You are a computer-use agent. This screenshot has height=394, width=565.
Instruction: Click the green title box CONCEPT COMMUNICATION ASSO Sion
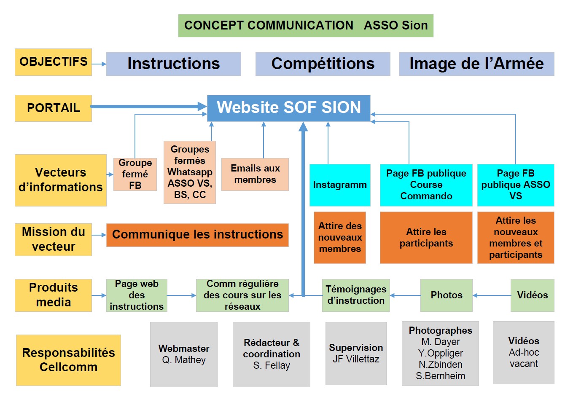(x=306, y=26)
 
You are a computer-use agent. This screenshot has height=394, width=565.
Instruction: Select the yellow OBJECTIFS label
(x=53, y=62)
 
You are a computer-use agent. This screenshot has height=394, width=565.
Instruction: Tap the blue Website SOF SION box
(x=288, y=108)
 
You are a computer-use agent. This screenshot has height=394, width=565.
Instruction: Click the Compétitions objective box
(x=323, y=64)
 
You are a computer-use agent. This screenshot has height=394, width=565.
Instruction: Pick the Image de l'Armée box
(x=476, y=64)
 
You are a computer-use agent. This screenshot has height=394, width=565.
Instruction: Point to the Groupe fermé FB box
(x=135, y=174)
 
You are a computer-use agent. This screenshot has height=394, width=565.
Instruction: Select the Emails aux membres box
(x=255, y=174)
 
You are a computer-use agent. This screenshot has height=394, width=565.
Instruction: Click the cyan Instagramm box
(x=340, y=185)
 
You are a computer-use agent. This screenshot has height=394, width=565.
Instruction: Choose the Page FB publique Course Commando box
(x=426, y=185)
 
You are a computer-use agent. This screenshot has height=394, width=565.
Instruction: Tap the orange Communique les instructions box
(x=197, y=235)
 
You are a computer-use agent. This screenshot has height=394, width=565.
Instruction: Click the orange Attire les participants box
(x=426, y=238)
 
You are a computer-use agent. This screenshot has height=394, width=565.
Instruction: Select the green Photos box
(x=446, y=295)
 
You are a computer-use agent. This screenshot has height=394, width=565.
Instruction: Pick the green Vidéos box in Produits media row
(x=532, y=295)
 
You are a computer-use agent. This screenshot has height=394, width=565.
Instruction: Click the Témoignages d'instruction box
(x=356, y=295)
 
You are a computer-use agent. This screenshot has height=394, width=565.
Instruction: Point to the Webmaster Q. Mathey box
(x=184, y=354)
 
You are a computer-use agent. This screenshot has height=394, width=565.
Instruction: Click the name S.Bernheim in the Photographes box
(x=440, y=376)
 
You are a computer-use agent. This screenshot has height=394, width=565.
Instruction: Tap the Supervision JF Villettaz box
(x=356, y=354)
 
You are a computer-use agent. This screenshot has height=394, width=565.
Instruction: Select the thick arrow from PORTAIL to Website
(x=148, y=107)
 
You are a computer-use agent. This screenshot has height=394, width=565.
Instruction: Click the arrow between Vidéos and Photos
(x=492, y=295)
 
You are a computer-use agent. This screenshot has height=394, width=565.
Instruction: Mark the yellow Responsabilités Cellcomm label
(x=68, y=360)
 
